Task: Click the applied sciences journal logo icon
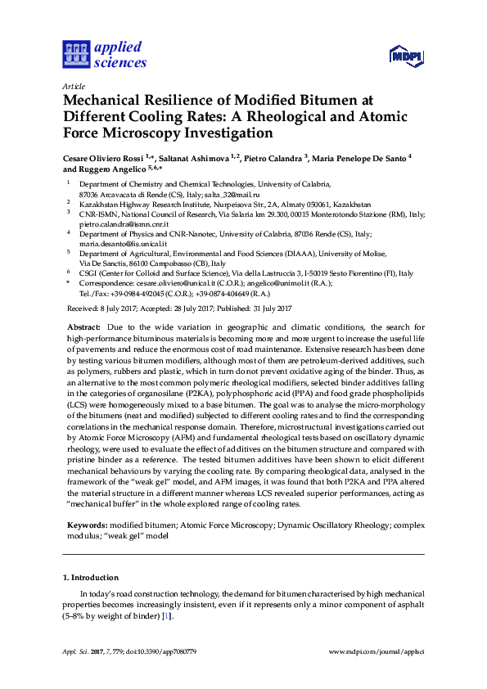(75, 54)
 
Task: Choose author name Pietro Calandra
(274, 155)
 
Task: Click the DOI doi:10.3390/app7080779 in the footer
(163, 652)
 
